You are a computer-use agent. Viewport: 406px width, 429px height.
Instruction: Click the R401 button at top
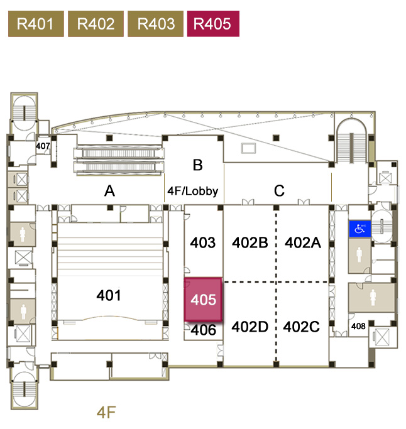(x=35, y=24)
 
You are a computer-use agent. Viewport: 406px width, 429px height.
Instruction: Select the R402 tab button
(x=96, y=24)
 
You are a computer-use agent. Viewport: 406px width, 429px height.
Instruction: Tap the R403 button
(x=156, y=24)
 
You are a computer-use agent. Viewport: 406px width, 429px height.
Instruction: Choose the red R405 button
(x=212, y=24)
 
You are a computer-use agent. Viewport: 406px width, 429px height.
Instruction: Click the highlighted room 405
(x=204, y=300)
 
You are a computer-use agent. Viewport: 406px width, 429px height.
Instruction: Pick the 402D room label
(x=250, y=327)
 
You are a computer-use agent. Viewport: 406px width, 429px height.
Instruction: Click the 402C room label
(x=302, y=327)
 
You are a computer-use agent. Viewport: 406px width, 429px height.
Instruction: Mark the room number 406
(x=204, y=330)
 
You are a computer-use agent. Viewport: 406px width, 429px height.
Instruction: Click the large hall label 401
(x=109, y=295)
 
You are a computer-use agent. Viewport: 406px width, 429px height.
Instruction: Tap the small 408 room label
(x=358, y=326)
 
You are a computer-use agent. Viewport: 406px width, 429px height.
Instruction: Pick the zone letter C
(x=279, y=191)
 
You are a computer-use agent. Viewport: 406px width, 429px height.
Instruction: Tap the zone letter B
(x=197, y=165)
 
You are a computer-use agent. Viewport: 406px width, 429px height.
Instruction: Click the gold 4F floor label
(x=107, y=413)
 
